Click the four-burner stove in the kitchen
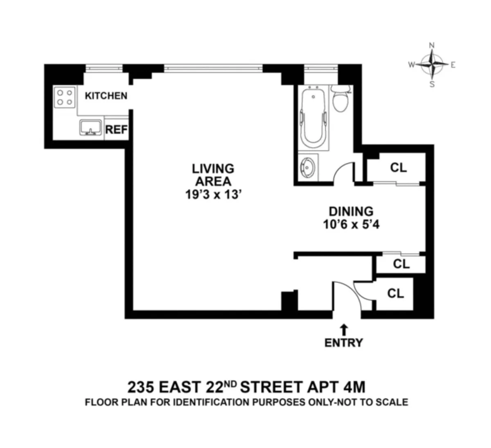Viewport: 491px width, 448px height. click(x=65, y=97)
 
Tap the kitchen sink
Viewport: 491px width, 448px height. click(x=90, y=127)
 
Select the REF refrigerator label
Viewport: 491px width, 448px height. click(x=117, y=130)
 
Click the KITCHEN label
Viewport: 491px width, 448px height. click(x=106, y=96)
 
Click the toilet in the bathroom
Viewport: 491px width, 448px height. click(x=340, y=99)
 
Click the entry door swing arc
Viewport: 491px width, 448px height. click(x=347, y=294)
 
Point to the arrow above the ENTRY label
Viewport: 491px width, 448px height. click(x=344, y=329)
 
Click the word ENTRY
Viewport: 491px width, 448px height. click(x=344, y=342)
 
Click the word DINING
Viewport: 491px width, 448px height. click(x=351, y=211)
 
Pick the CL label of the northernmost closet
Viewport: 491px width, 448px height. click(x=398, y=167)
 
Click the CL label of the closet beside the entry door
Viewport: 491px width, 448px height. click(x=395, y=293)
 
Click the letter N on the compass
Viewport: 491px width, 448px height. click(x=431, y=45)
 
